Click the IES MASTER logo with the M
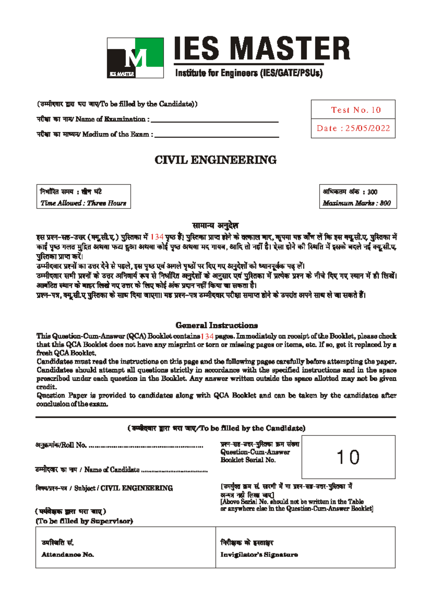click(x=135, y=58)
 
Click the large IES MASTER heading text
click(x=262, y=48)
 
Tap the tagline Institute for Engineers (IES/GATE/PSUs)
click(x=249, y=73)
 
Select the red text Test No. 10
click(x=356, y=110)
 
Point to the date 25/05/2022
click(x=367, y=128)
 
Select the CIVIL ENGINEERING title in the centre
click(x=215, y=160)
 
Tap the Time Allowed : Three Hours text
click(x=83, y=203)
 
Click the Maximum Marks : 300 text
click(x=357, y=203)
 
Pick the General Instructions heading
click(x=217, y=325)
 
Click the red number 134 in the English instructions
click(x=207, y=336)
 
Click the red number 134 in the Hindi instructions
click(x=157, y=237)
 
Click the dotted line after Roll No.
click(x=146, y=447)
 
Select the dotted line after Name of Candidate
click(x=175, y=471)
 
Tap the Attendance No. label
click(x=68, y=554)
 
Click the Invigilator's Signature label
click(x=259, y=554)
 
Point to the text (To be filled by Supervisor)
click(x=84, y=521)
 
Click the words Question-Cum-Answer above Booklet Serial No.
click(x=255, y=452)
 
